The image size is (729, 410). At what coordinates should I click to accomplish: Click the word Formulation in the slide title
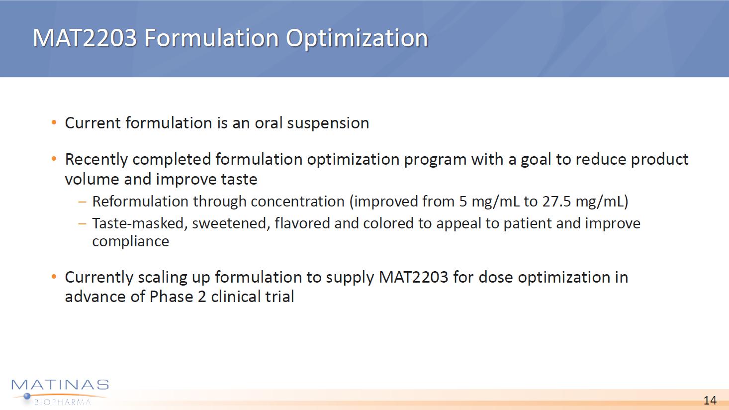coord(211,38)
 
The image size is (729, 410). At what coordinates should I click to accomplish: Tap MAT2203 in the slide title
coord(85,38)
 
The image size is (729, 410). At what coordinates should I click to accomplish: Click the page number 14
coord(710,400)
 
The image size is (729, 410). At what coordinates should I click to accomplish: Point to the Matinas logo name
coord(60,385)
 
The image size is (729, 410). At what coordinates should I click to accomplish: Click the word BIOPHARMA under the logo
coord(63,402)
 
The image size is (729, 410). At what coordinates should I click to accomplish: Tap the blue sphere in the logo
coord(27,396)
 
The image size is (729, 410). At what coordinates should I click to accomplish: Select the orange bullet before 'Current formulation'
coord(54,123)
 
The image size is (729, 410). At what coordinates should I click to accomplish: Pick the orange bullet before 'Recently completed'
coord(54,159)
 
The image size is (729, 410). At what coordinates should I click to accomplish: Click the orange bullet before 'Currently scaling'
coord(54,277)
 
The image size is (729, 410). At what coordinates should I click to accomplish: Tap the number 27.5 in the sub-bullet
coord(556,202)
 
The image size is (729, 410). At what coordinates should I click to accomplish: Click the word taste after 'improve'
coord(239,179)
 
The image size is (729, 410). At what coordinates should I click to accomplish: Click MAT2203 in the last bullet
coord(414,277)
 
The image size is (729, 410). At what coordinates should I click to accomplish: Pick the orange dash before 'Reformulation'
coord(83,202)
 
